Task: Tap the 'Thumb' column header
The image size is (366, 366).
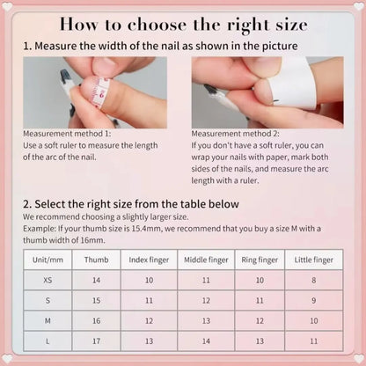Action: tap(96, 260)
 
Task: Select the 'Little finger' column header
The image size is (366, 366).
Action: tap(314, 260)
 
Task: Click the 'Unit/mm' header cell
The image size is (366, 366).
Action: tap(47, 260)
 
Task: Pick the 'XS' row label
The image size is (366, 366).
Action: tap(47, 280)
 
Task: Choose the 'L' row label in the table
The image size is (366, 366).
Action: tap(47, 340)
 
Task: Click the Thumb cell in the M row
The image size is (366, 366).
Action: tap(96, 320)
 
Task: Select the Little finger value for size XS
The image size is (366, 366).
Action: tap(314, 280)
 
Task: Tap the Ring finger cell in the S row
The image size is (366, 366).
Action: tap(259, 300)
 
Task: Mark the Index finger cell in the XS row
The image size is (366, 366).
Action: tap(150, 280)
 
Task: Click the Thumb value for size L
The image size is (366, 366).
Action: tap(96, 340)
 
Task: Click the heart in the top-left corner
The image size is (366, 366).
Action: tap(7, 7)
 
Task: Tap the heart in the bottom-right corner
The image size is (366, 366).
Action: tap(358, 358)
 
